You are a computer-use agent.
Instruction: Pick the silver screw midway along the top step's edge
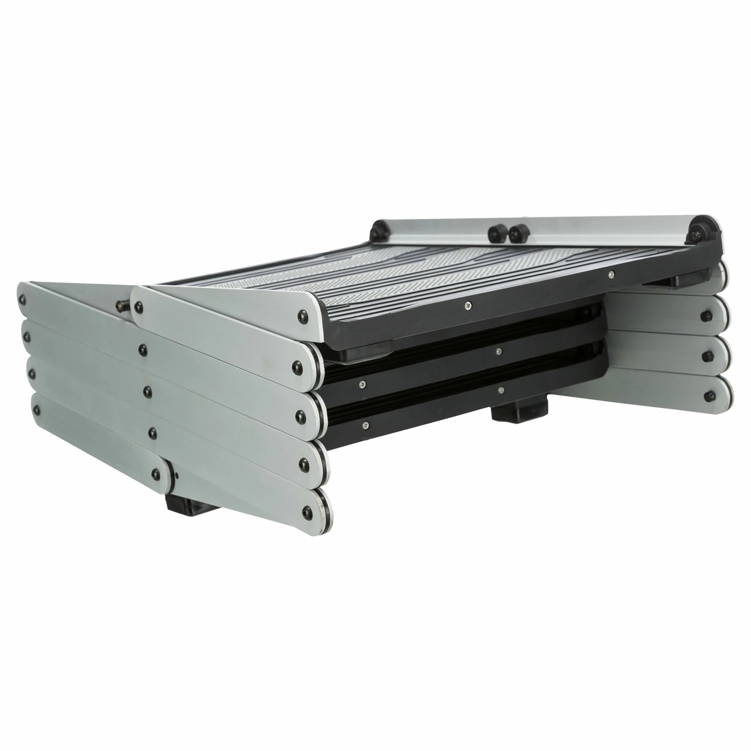click(467, 303)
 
